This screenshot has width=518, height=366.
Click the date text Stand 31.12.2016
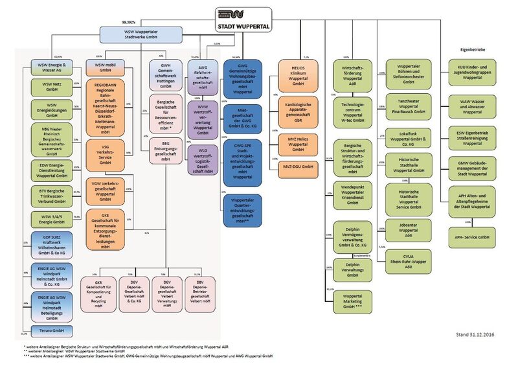[x=473, y=336]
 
